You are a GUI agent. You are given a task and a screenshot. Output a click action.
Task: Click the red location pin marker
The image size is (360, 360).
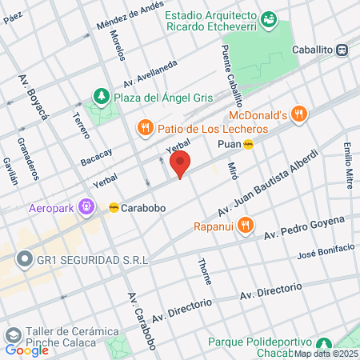(181, 164)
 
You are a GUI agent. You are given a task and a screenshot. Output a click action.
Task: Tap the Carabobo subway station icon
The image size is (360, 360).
(114, 207)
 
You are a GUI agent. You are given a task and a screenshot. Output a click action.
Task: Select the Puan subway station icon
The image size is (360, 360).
(249, 144)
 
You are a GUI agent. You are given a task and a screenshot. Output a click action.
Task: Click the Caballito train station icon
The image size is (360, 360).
(342, 49)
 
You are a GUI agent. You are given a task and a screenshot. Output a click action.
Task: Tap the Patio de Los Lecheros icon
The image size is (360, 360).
(145, 126)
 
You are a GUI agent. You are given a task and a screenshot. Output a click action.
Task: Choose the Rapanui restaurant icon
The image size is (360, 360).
(246, 225)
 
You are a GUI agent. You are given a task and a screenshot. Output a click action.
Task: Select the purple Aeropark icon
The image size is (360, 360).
(87, 207)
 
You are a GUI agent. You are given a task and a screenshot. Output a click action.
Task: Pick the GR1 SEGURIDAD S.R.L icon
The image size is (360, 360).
(25, 259)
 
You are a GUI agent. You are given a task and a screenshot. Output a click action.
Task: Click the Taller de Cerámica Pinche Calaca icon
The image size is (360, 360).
(13, 333)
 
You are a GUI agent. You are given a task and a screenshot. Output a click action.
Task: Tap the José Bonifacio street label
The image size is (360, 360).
(325, 253)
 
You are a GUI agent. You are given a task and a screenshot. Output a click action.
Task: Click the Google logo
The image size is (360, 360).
(26, 350)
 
